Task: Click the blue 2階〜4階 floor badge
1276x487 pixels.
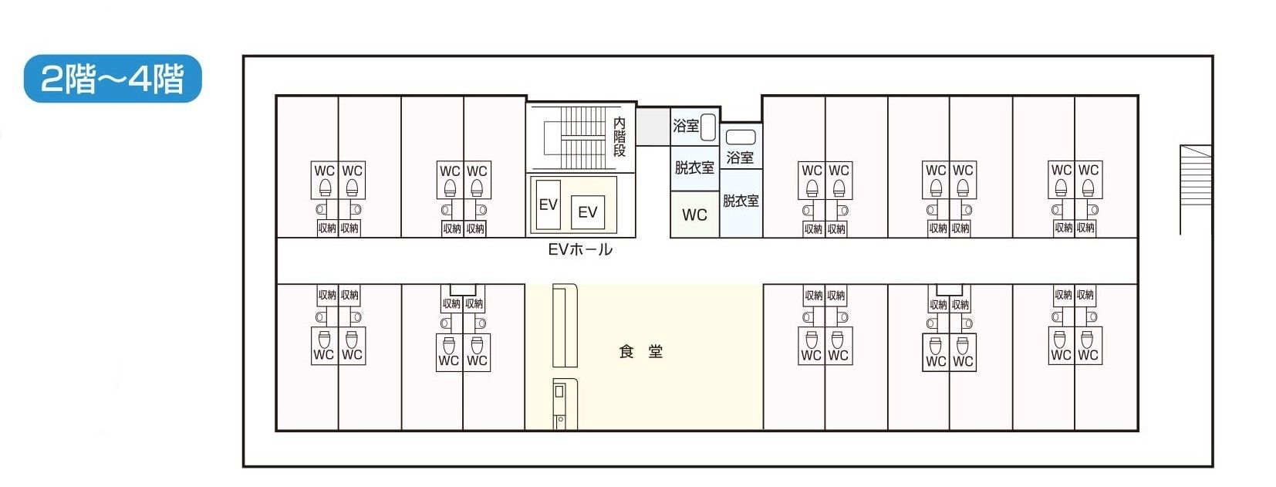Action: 113,79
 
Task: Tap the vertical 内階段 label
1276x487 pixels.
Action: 619,137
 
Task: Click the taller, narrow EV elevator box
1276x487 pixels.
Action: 548,205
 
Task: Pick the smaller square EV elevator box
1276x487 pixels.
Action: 588,211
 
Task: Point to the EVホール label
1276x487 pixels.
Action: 580,249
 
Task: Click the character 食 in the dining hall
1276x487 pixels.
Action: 626,352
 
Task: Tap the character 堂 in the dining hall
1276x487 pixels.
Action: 655,352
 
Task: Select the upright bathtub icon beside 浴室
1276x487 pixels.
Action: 708,127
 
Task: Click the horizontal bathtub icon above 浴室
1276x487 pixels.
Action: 741,137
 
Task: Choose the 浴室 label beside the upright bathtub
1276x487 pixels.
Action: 685,126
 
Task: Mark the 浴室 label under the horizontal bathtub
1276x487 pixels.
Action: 741,157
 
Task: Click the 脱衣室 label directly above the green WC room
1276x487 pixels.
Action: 694,167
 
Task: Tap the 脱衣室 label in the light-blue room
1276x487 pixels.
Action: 741,201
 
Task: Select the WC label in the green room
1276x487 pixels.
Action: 694,215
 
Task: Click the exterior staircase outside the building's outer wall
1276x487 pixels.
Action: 1195,189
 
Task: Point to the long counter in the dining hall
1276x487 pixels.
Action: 565,326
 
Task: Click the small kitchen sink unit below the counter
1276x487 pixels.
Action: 560,402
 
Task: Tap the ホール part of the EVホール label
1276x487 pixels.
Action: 592,249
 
